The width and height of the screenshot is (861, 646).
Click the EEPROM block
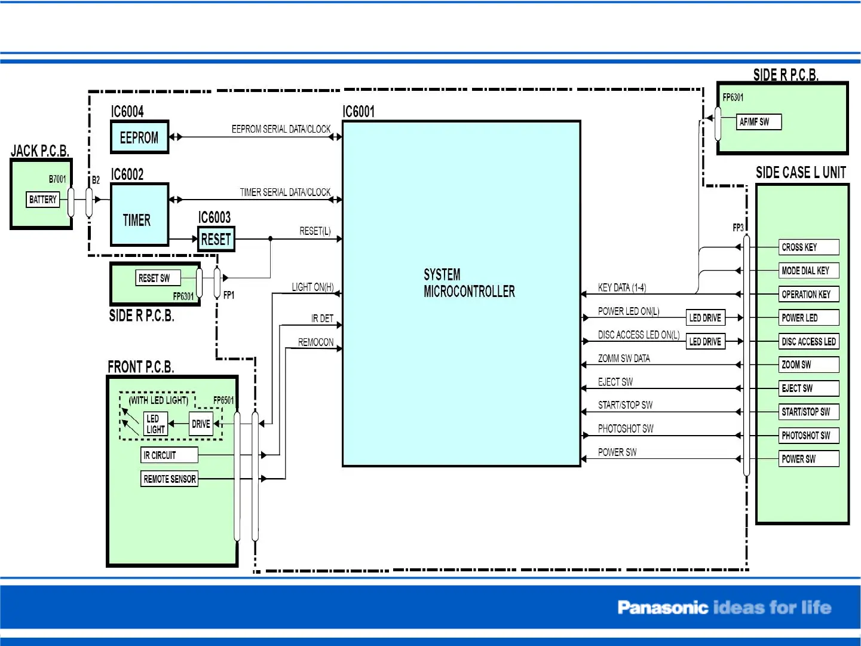pos(139,137)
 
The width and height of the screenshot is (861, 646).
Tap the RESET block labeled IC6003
pos(216,240)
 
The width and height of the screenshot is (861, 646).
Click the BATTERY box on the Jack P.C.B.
pos(43,200)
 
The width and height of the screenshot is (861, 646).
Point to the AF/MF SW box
pos(758,122)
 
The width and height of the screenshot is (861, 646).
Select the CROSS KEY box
pos(808,247)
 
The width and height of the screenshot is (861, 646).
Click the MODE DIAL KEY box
pos(808,271)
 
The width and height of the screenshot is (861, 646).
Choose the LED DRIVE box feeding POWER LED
pos(705,318)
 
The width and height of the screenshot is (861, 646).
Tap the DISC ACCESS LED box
pos(808,342)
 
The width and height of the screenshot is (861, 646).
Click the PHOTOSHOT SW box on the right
pos(808,436)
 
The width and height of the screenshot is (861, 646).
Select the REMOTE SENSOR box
pos(170,479)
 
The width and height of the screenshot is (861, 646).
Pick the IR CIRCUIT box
pos(169,455)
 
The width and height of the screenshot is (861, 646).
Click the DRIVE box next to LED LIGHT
pos(201,424)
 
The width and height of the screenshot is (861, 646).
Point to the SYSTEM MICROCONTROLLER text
pos(468,283)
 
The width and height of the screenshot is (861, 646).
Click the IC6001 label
pos(359,112)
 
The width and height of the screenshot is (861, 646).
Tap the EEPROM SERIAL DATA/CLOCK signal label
pos(281,129)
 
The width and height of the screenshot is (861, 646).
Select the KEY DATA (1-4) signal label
pos(621,288)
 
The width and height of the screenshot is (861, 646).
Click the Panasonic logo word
pos(662,608)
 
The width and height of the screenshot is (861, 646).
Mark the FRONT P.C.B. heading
pos(141,367)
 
